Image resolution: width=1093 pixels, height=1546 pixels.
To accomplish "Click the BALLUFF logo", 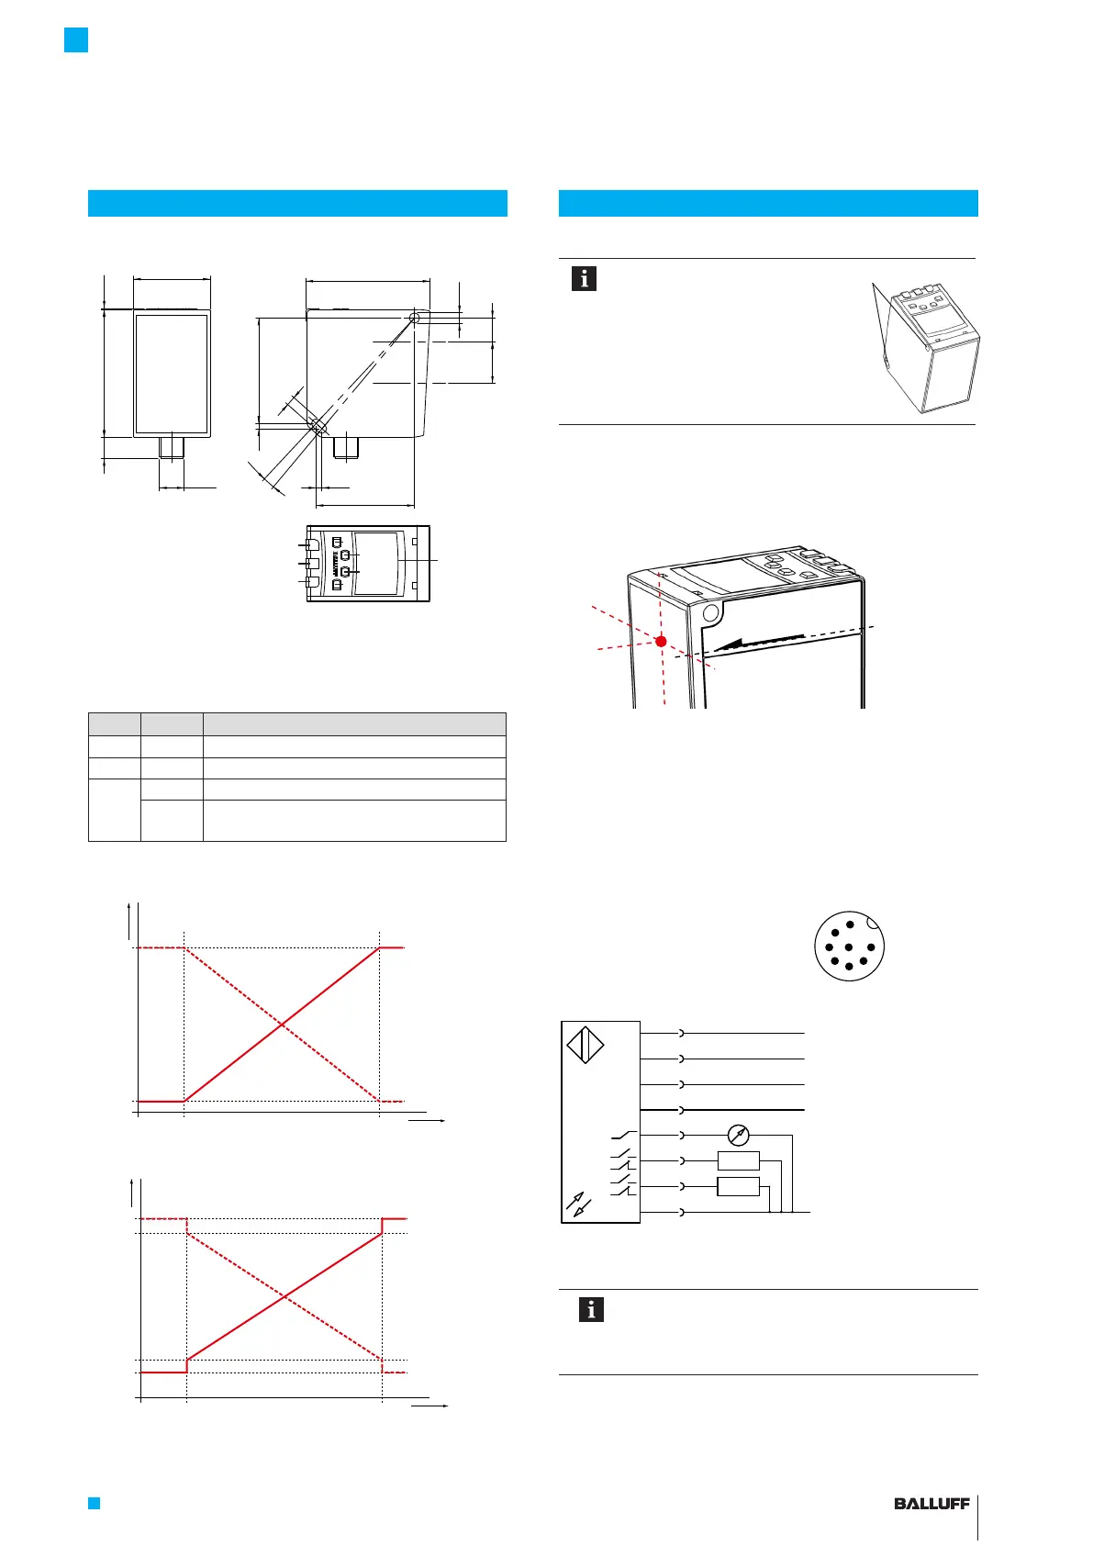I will pos(931,1504).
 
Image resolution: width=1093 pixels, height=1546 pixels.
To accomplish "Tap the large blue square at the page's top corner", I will pos(76,40).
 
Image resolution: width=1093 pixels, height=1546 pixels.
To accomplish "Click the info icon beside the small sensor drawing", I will pos(584,278).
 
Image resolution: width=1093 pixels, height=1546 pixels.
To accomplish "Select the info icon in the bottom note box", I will pos(591,1309).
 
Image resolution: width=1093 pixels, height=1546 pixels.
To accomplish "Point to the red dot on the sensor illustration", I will pos(661,641).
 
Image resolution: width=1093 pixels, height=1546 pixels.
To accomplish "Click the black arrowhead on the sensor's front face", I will pos(730,644).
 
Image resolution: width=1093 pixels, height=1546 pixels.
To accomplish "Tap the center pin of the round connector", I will pos(850,947).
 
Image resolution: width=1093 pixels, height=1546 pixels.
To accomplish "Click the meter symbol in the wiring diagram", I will pos(738,1136).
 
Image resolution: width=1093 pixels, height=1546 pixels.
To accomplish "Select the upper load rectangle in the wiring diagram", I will pos(739,1161).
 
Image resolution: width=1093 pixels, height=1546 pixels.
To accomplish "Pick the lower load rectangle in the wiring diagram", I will pos(739,1187).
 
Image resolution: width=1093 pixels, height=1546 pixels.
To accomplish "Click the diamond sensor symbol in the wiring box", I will pos(586,1047).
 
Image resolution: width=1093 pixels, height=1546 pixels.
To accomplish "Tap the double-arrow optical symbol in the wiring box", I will pos(579,1204).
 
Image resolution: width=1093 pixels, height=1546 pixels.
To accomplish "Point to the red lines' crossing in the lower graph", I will pos(284,1296).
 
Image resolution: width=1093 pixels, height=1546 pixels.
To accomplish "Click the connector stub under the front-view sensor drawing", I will pos(172,447).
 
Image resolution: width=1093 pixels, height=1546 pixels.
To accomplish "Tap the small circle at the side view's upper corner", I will pos(415,318).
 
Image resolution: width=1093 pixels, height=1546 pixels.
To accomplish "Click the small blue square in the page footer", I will pos(93,1503).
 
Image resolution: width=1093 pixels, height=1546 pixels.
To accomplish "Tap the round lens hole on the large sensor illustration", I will pos(708,612).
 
